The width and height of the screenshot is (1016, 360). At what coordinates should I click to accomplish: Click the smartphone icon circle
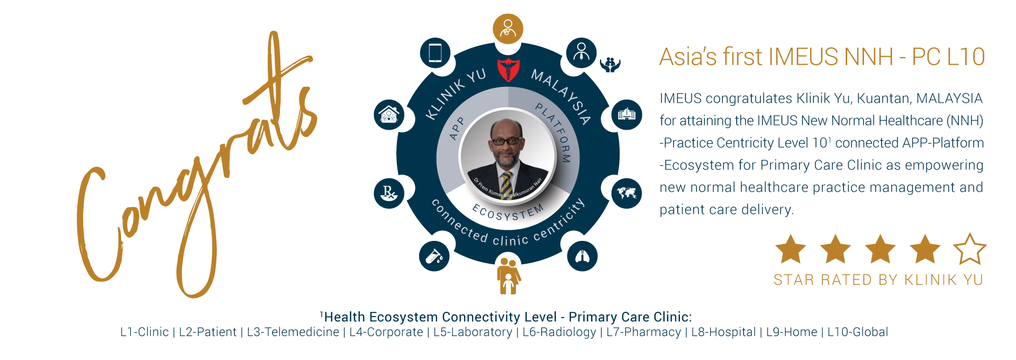[435, 53]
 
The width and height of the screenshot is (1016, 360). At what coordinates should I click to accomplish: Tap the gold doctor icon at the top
[508, 29]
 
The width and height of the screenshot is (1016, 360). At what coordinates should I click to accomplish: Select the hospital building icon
[627, 114]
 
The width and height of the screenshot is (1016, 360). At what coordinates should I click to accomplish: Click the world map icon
[627, 193]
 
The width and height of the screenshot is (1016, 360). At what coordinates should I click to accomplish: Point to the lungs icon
[582, 256]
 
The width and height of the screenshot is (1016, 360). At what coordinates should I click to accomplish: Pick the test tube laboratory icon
[434, 256]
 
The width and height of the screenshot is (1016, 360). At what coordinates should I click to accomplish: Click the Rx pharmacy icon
[389, 193]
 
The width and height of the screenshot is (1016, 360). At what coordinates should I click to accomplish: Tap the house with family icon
[389, 114]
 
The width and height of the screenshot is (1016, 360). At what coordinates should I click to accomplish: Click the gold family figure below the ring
[508, 275]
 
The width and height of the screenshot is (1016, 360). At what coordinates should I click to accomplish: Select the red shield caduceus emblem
[508, 70]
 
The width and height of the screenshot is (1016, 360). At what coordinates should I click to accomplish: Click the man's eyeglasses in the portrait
[506, 141]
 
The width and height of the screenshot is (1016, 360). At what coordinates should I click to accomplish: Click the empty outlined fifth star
[969, 249]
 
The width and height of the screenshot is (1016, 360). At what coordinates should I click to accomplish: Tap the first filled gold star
[790, 249]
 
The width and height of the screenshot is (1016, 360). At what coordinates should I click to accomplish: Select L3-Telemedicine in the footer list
[293, 332]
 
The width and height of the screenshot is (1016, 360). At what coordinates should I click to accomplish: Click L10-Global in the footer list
[857, 332]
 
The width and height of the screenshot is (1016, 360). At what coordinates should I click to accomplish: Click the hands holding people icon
[610, 65]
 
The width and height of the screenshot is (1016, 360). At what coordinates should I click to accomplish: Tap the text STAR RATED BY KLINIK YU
[878, 280]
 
